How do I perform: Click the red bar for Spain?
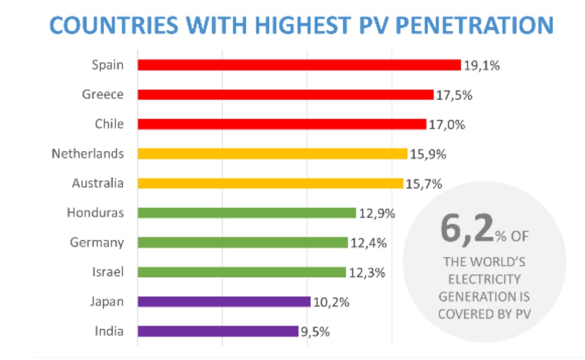299,65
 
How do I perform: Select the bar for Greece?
285,95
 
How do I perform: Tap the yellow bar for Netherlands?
272,154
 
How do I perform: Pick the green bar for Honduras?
246,213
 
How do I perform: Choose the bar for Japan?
224,302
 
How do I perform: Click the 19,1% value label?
481,65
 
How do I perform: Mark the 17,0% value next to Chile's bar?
446,124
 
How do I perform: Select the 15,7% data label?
424,184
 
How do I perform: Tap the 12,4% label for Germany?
368,243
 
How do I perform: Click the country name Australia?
98,183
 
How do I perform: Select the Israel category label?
109,272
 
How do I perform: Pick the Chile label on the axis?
109,124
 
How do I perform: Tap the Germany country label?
97,242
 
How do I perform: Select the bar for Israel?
242,272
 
